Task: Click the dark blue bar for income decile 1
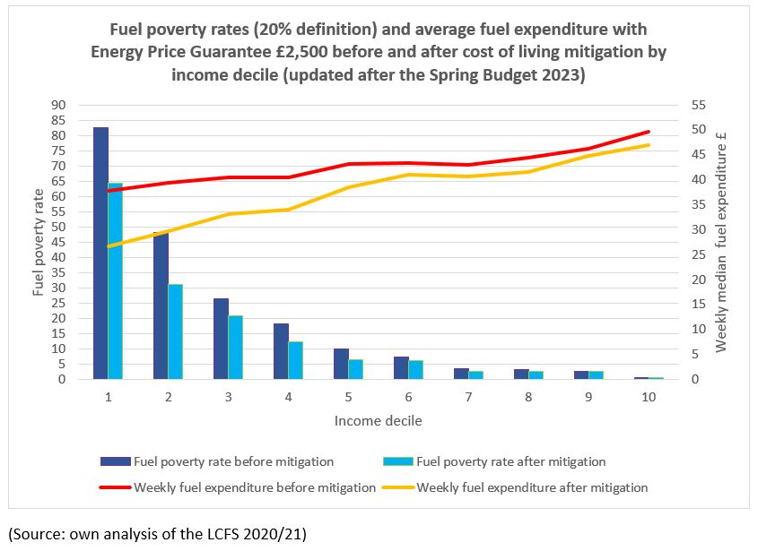point(100,254)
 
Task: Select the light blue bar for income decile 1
point(115,281)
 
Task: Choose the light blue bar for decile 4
point(295,360)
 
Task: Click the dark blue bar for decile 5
point(341,364)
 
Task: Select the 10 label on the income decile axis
point(648,397)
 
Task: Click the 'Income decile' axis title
point(378,420)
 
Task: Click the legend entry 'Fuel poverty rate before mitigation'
point(233,462)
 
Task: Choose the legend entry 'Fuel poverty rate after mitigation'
point(511,462)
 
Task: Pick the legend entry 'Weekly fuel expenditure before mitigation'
point(254,488)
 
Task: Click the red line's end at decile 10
point(649,132)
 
